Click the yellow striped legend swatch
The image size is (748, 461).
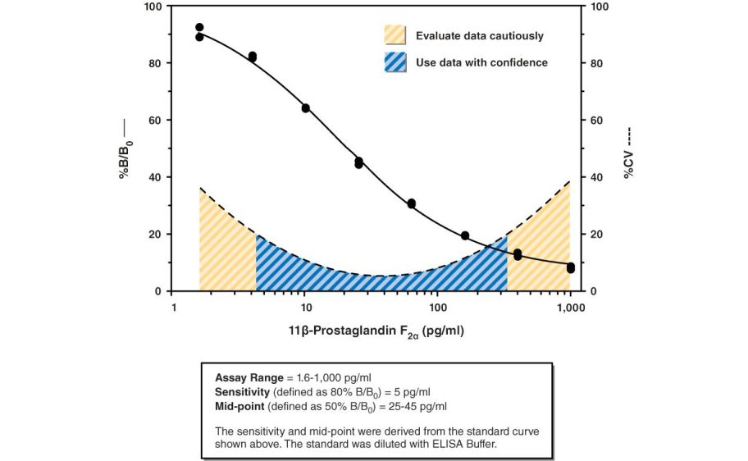tap(395, 35)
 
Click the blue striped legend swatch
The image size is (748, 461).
tap(395, 62)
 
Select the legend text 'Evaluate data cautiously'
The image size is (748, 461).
tap(479, 36)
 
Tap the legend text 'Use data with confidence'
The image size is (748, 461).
tap(481, 62)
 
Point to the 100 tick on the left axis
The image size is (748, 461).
tap(153, 7)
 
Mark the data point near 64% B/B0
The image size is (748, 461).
tap(306, 108)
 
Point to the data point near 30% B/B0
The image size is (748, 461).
tap(412, 203)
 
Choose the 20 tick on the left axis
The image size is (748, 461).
tap(156, 235)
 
